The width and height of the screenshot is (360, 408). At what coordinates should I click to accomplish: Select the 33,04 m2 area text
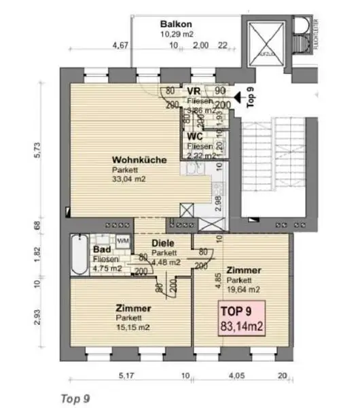point(129,180)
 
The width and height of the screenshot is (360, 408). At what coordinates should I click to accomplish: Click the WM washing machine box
point(123,241)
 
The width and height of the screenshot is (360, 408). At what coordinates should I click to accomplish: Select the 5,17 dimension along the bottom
point(126,375)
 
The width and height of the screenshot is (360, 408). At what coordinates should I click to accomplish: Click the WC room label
point(194,135)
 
